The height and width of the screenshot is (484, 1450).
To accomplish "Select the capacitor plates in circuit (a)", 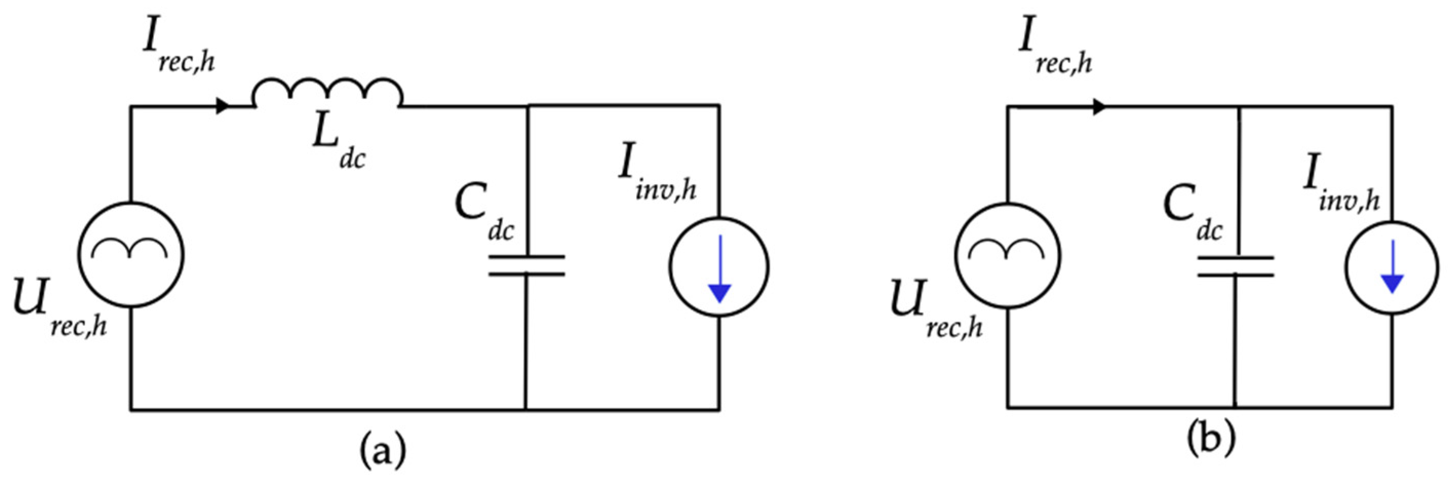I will tap(526, 266).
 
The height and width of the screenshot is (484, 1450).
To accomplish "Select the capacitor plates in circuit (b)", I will tap(1235, 266).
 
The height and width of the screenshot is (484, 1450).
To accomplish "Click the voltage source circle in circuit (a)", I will tap(131, 255).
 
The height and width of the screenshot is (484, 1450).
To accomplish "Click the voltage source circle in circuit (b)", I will tap(1007, 255).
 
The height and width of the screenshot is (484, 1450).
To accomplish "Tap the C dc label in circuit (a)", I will tap(483, 212).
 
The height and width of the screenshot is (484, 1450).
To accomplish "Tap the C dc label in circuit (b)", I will tap(1191, 212).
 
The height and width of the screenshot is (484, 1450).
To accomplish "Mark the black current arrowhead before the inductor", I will tap(223, 106).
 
